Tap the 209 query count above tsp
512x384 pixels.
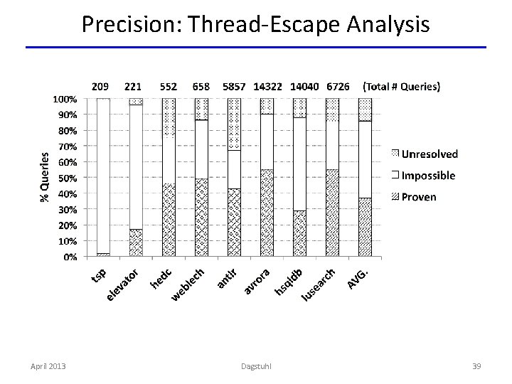[x=101, y=87]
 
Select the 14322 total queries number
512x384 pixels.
[x=272, y=87]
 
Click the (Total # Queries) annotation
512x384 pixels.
[x=402, y=87]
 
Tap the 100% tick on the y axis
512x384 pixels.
[x=66, y=99]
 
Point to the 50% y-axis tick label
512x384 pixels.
[x=68, y=178]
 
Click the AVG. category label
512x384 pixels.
[x=358, y=277]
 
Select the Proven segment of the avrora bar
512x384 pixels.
[x=267, y=213]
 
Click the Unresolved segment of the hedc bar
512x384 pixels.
[x=169, y=117]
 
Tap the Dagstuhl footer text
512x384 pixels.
[x=255, y=366]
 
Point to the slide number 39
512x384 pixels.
[x=477, y=366]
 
